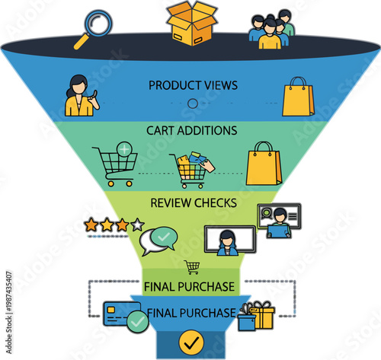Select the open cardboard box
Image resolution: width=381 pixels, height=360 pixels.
tap(192, 23)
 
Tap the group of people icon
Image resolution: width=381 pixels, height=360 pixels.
tap(271, 29)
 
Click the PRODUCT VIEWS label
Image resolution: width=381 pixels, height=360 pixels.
tap(192, 84)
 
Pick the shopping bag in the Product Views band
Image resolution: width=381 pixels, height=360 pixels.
tap(297, 97)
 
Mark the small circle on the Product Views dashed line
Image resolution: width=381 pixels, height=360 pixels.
tap(193, 104)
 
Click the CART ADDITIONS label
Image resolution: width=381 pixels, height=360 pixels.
tap(192, 130)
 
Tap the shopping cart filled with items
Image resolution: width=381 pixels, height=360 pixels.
tap(191, 169)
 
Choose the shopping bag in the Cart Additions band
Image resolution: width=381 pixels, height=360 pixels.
tap(264, 163)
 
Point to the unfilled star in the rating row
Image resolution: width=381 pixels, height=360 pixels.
tap(137, 225)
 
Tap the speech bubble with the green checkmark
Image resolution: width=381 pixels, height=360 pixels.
tap(158, 241)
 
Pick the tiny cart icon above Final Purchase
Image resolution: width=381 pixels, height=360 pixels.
tap(193, 266)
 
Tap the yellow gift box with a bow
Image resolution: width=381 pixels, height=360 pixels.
tap(259, 314)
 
